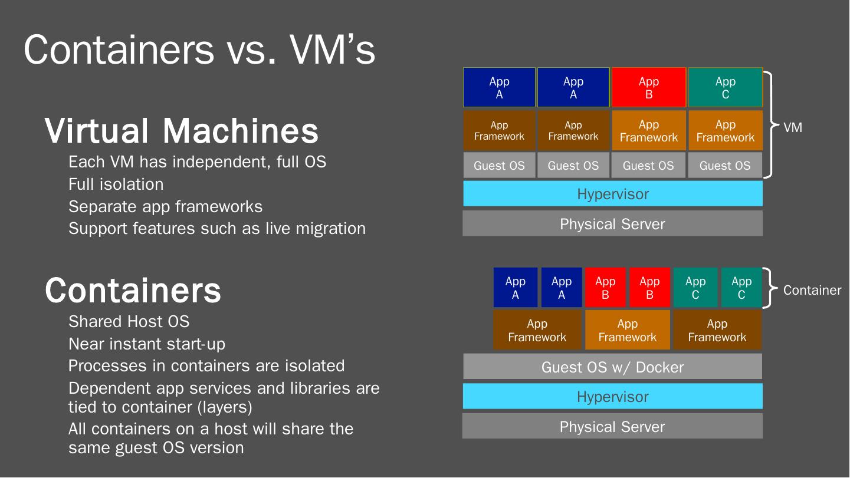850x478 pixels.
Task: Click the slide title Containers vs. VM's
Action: tap(199, 50)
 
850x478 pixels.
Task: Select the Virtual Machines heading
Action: tap(182, 131)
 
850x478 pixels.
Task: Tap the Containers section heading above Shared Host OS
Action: tap(133, 290)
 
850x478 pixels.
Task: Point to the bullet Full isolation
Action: tap(116, 184)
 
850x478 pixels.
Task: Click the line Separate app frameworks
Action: tap(165, 207)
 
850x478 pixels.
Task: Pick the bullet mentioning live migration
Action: tap(216, 229)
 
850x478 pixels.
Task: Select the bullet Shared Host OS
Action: tap(129, 322)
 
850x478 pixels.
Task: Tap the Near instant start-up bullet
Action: tap(146, 344)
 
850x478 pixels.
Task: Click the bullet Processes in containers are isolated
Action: tap(206, 366)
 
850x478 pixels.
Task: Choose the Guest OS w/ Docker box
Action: tap(612, 367)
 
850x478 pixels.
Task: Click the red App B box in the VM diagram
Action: tap(648, 88)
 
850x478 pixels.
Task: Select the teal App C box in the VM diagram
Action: tap(725, 88)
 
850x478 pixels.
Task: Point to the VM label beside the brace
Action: tap(792, 127)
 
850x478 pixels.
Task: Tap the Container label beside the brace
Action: tap(812, 290)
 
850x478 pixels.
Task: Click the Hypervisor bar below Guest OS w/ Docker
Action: tap(612, 397)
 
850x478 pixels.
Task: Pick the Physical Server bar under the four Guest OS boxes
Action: tap(612, 224)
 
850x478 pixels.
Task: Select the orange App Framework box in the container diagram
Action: tap(627, 331)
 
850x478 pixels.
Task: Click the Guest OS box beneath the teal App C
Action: tap(725, 166)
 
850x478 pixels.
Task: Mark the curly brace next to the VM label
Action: tap(770, 125)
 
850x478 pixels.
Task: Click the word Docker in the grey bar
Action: tap(659, 367)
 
